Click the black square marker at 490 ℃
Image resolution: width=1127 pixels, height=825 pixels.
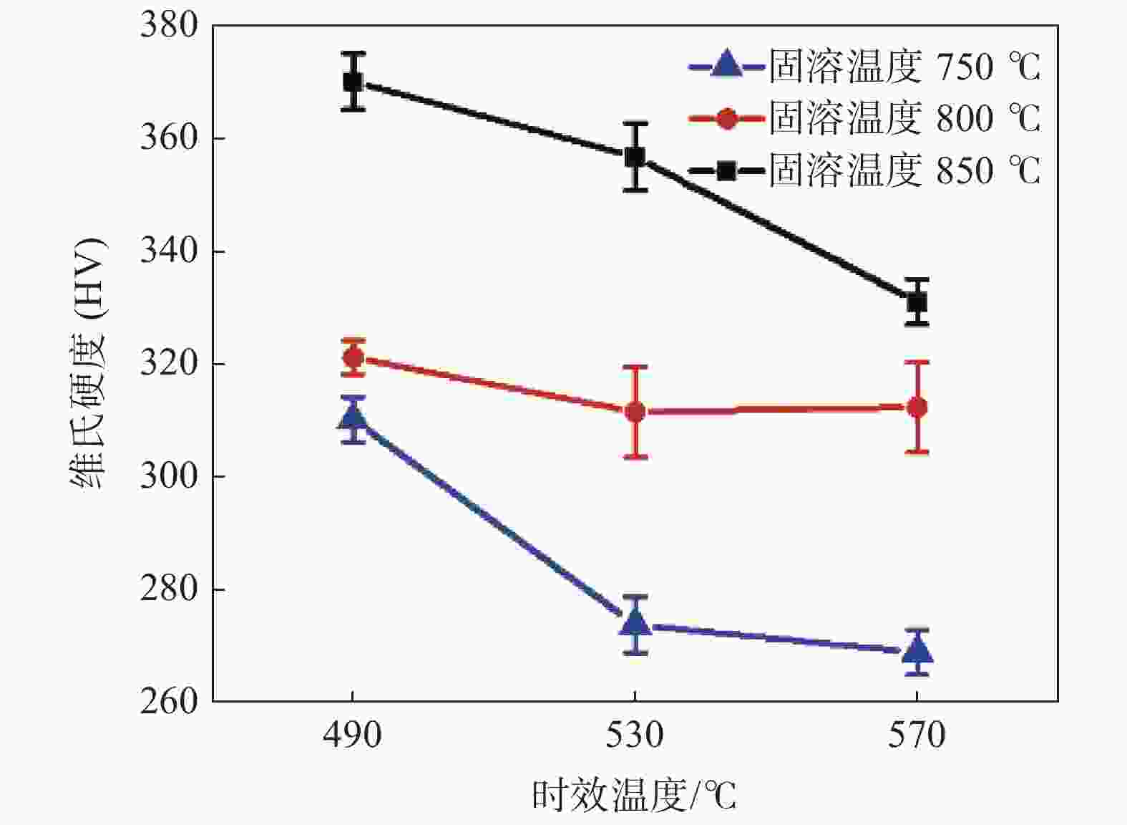click(353, 82)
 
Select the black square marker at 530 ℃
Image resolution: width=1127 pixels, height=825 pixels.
click(635, 157)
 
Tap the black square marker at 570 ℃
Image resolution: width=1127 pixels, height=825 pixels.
click(917, 302)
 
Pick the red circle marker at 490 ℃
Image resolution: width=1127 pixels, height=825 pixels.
click(353, 357)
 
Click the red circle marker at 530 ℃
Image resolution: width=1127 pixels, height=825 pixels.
click(635, 412)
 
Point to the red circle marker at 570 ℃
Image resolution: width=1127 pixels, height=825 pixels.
click(917, 407)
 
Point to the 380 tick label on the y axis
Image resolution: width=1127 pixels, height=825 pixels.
click(169, 26)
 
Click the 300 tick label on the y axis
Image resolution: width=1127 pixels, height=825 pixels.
click(169, 477)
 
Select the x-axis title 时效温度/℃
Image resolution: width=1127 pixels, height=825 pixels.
click(634, 796)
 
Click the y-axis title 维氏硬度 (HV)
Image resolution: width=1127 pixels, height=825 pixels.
click(88, 364)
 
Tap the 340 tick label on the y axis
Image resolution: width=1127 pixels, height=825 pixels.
click(169, 251)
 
